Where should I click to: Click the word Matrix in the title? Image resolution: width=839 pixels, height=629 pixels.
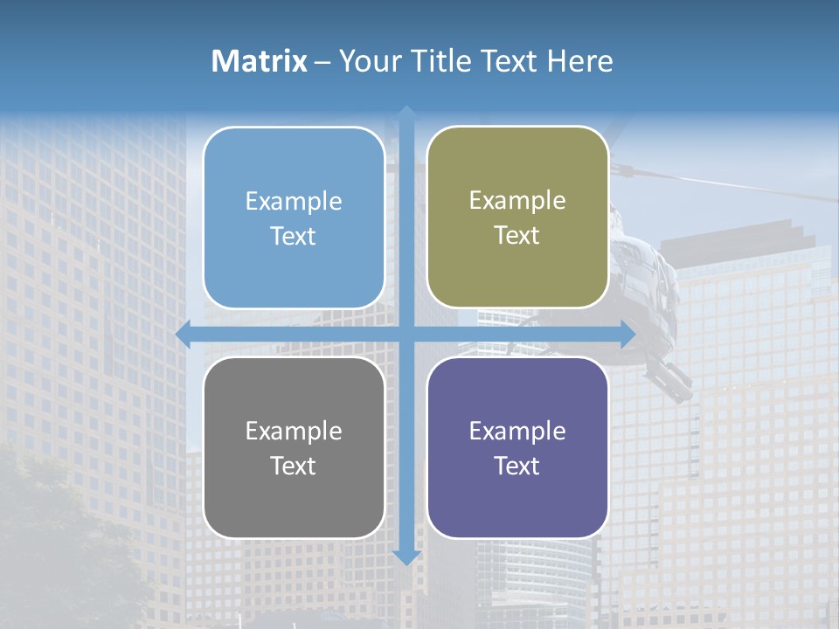click(x=259, y=61)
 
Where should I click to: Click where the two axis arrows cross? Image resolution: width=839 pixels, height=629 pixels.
click(x=406, y=335)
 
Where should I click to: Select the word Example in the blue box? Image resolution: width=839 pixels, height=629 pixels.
click(x=294, y=202)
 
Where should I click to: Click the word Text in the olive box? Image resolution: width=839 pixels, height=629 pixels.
click(x=517, y=236)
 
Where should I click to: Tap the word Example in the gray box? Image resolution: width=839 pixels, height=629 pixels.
click(x=294, y=432)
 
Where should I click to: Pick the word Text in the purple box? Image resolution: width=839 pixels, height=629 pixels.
click(x=517, y=467)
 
